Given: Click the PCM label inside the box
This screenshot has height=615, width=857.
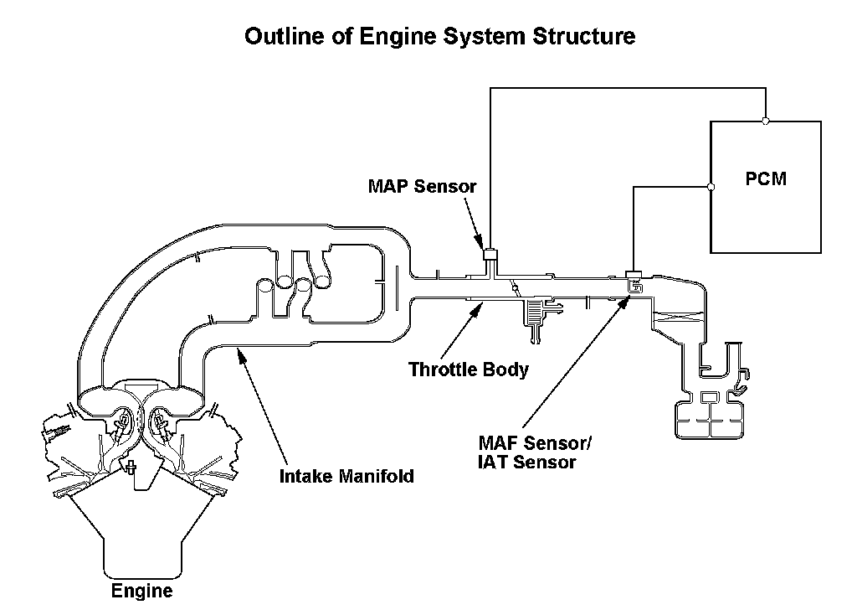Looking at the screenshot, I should (766, 179).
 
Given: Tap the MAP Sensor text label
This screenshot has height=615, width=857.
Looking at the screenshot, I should (422, 186).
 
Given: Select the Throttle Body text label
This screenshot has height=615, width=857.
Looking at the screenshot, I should (469, 369).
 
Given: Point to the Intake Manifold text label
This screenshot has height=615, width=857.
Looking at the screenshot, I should (346, 477).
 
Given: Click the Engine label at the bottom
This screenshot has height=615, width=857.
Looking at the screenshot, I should (142, 592).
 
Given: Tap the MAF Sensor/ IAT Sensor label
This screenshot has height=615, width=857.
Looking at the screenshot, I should (527, 452).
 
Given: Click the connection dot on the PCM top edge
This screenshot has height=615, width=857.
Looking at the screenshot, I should (766, 121).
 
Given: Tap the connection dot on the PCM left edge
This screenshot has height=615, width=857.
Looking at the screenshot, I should (711, 187).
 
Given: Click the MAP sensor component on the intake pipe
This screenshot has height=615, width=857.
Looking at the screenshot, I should (491, 252).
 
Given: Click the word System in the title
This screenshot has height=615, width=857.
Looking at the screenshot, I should (474, 37).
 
